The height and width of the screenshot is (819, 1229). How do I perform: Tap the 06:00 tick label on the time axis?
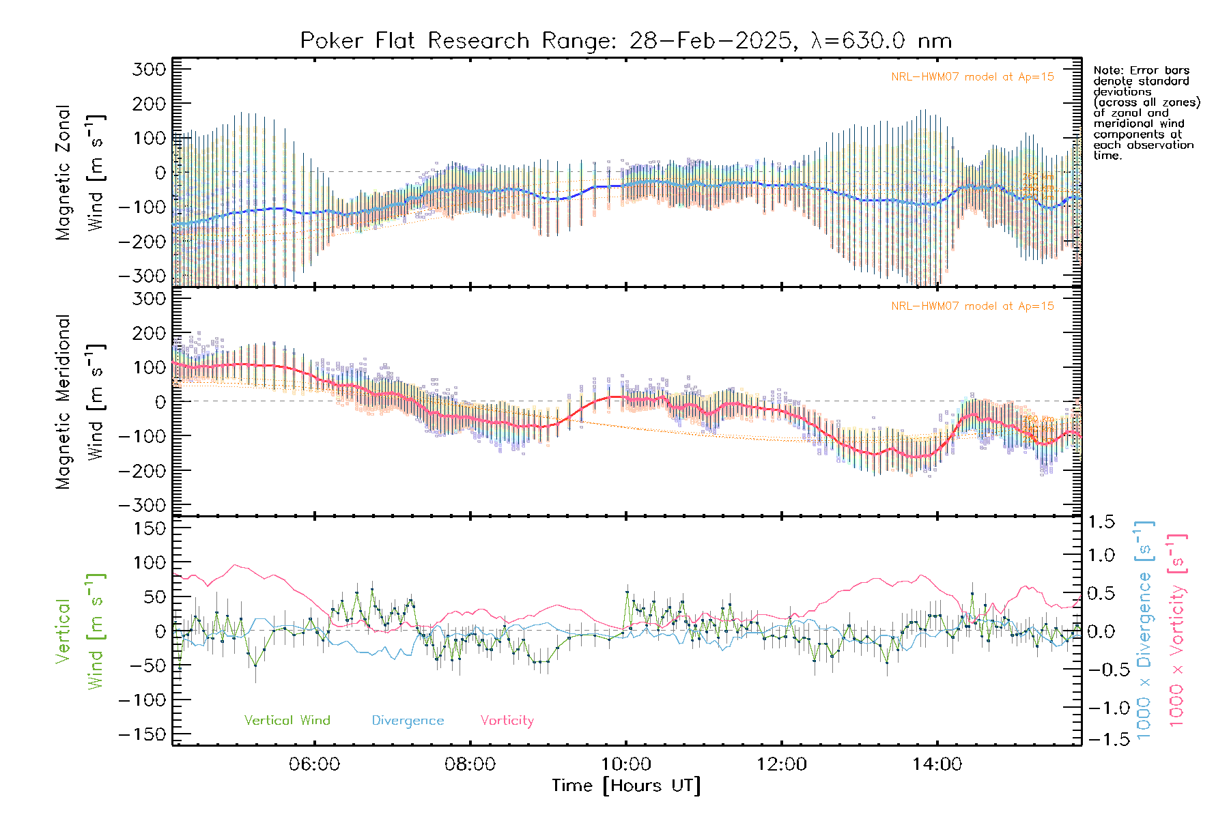tap(314, 764)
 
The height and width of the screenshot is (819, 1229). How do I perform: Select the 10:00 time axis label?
tap(626, 764)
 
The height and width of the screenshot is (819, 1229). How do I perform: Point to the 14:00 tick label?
tap(937, 764)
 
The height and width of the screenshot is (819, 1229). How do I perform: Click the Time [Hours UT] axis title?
tap(626, 786)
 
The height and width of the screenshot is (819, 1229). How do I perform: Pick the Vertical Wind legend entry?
tap(287, 721)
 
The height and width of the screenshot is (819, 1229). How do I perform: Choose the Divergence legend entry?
tap(408, 721)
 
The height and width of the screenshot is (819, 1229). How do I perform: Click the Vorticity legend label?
tap(507, 721)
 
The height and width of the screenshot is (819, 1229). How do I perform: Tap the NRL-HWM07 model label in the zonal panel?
tap(972, 77)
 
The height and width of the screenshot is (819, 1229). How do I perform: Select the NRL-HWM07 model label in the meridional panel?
tap(972, 306)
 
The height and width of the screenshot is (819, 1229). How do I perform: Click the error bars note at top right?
tap(1146, 113)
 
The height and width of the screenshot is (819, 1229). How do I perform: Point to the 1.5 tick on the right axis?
tap(1101, 522)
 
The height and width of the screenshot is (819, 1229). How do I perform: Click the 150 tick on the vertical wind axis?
tap(150, 528)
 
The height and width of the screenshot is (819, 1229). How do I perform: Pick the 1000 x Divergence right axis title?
tap(1144, 631)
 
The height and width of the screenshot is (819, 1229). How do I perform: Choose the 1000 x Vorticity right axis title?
tap(1176, 631)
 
